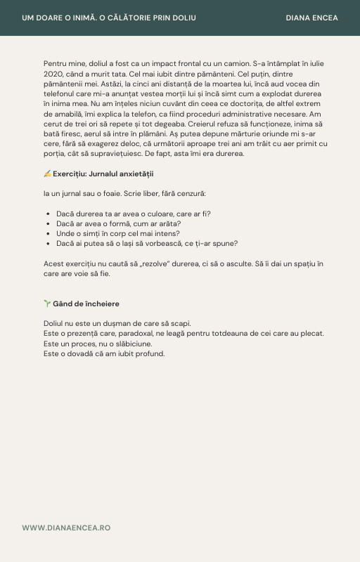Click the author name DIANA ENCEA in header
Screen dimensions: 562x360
pyautogui.click(x=312, y=18)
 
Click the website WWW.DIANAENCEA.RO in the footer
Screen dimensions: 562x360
pyautogui.click(x=66, y=528)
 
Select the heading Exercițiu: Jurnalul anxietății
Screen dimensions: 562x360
pyautogui.click(x=103, y=174)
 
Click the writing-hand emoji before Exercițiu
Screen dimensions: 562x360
pyautogui.click(x=47, y=174)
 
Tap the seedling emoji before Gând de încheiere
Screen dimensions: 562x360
pyautogui.click(x=47, y=303)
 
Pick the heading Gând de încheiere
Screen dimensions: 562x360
pyautogui.click(x=86, y=303)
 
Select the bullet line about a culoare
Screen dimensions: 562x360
pyautogui.click(x=134, y=214)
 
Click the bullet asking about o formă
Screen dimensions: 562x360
pyautogui.click(x=118, y=223)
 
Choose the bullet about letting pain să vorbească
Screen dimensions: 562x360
pyautogui.click(x=147, y=243)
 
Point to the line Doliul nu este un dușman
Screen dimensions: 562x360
pyautogui.click(x=117, y=323)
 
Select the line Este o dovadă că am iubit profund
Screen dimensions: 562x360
pyautogui.click(x=103, y=353)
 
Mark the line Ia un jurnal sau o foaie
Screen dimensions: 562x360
pyautogui.click(x=124, y=193)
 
